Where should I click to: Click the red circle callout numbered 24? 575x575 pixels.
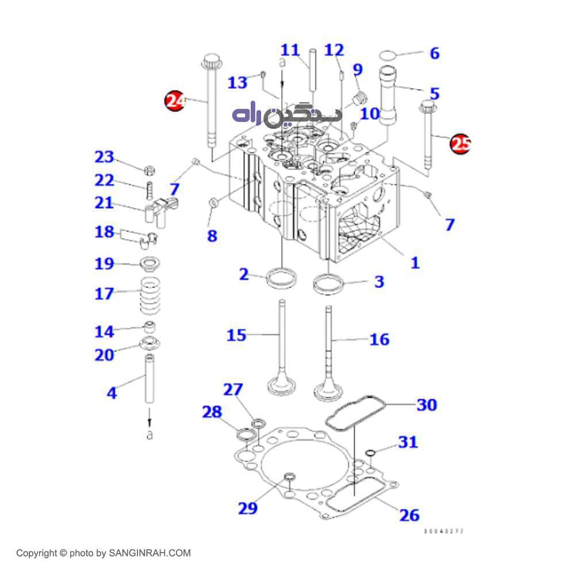[x=175, y=101]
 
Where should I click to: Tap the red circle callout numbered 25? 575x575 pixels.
[x=460, y=144]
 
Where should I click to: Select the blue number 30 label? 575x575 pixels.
[x=427, y=405]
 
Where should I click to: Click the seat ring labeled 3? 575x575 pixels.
[x=328, y=283]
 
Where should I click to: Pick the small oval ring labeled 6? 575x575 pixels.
[x=389, y=55]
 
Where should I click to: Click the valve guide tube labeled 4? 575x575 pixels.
[x=149, y=379]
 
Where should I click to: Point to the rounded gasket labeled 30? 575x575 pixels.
[x=348, y=412]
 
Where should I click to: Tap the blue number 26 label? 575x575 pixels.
[x=409, y=515]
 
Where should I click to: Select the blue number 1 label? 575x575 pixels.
[x=415, y=263]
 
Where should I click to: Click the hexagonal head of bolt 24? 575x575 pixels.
[x=212, y=60]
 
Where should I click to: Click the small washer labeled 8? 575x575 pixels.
[x=212, y=202]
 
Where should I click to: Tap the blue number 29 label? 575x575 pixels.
[x=248, y=508]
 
